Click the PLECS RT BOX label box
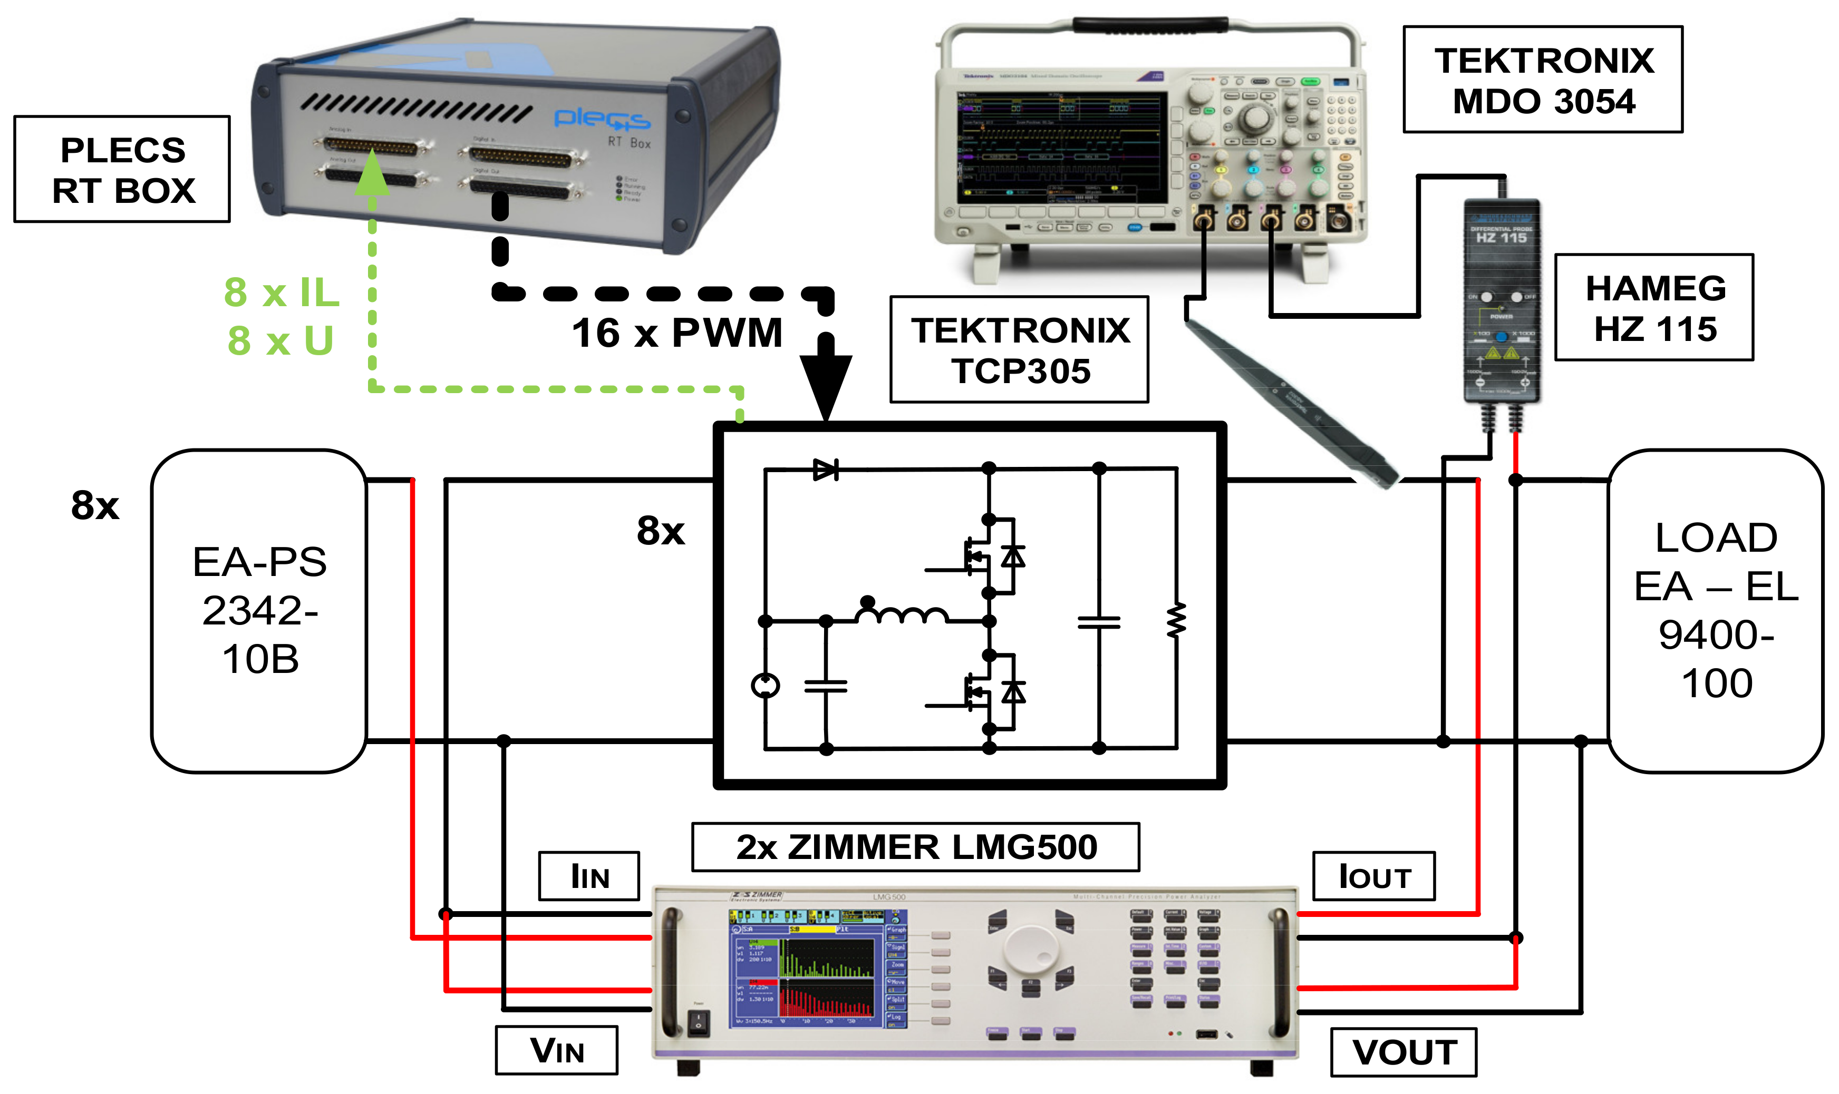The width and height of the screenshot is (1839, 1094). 122,170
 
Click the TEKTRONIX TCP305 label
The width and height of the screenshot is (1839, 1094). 1019,350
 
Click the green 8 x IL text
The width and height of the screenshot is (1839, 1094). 281,292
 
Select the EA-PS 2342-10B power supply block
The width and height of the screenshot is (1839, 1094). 259,610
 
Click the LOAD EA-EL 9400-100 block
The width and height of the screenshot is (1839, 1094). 1715,610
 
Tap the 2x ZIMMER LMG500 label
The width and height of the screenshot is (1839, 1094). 915,847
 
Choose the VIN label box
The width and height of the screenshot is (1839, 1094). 557,1050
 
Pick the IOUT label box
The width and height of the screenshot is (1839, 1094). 1374,876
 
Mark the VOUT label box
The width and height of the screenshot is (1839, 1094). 1403,1052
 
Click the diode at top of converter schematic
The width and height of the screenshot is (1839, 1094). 825,470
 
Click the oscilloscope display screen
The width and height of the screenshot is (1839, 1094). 1061,148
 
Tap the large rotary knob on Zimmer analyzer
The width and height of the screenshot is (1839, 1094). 1030,951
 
